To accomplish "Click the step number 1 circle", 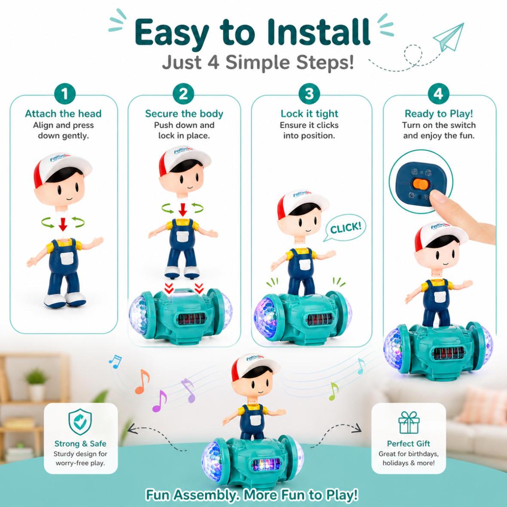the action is [x=65, y=94].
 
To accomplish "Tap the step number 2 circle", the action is [x=183, y=94].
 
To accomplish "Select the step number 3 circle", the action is [x=309, y=94].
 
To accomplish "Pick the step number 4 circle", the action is [x=438, y=94].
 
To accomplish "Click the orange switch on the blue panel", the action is [x=420, y=184].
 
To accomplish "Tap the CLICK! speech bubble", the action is [x=345, y=228].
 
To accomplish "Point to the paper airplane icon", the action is [x=449, y=37].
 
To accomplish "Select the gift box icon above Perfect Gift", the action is [x=409, y=422].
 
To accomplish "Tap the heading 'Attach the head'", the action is [x=64, y=113].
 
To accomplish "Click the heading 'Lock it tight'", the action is [x=309, y=113].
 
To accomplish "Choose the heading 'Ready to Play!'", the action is [x=439, y=113].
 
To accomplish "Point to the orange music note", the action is [x=142, y=382].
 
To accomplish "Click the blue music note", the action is [x=115, y=362].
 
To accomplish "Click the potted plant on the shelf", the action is [x=36, y=385].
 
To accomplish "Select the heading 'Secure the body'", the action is [x=184, y=113].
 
